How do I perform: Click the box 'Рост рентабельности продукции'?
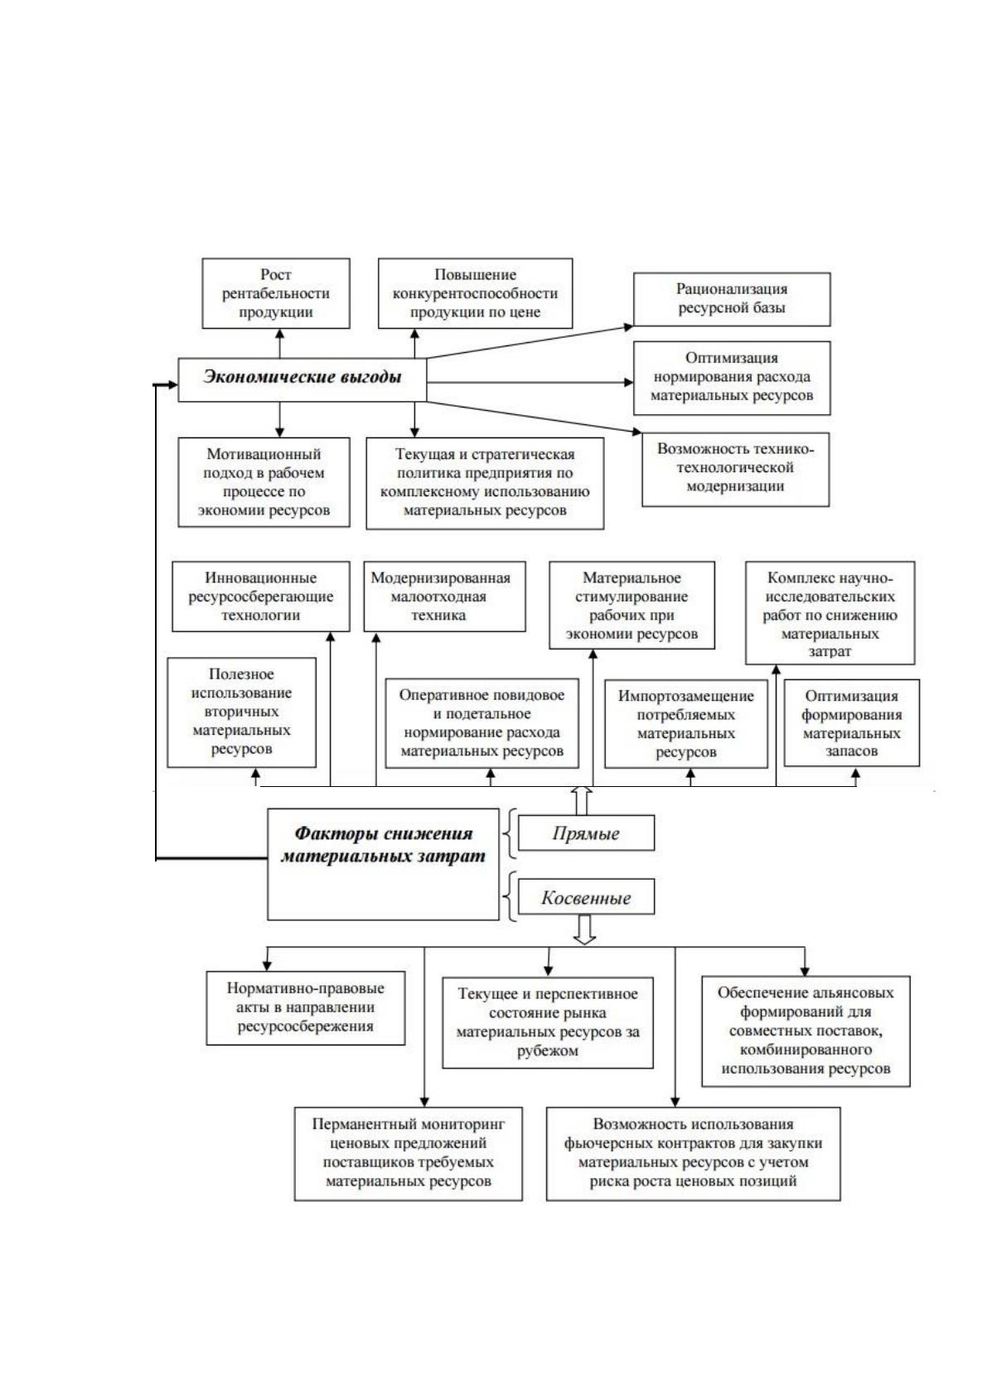[x=275, y=293]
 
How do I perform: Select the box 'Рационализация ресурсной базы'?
[x=732, y=299]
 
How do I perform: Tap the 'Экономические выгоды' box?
[x=302, y=379]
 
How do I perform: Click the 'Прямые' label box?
[x=587, y=833]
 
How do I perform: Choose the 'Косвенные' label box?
[x=587, y=897]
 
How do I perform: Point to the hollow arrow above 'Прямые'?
[x=582, y=801]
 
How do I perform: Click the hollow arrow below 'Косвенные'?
[x=584, y=929]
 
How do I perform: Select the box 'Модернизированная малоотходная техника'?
[x=444, y=596]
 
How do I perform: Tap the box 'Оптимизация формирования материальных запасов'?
[x=851, y=723]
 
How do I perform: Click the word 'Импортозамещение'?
[x=685, y=696]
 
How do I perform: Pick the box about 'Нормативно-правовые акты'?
[x=305, y=1007]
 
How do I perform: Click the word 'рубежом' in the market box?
[x=548, y=1050]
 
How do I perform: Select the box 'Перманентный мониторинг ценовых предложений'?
[x=408, y=1153]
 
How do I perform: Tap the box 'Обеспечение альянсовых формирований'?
[x=806, y=1031]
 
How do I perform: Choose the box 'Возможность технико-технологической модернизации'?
[x=735, y=470]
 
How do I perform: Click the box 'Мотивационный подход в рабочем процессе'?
[x=264, y=482]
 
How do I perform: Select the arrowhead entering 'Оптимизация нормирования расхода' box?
[x=629, y=382]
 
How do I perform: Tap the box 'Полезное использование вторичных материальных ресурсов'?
[x=241, y=712]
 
